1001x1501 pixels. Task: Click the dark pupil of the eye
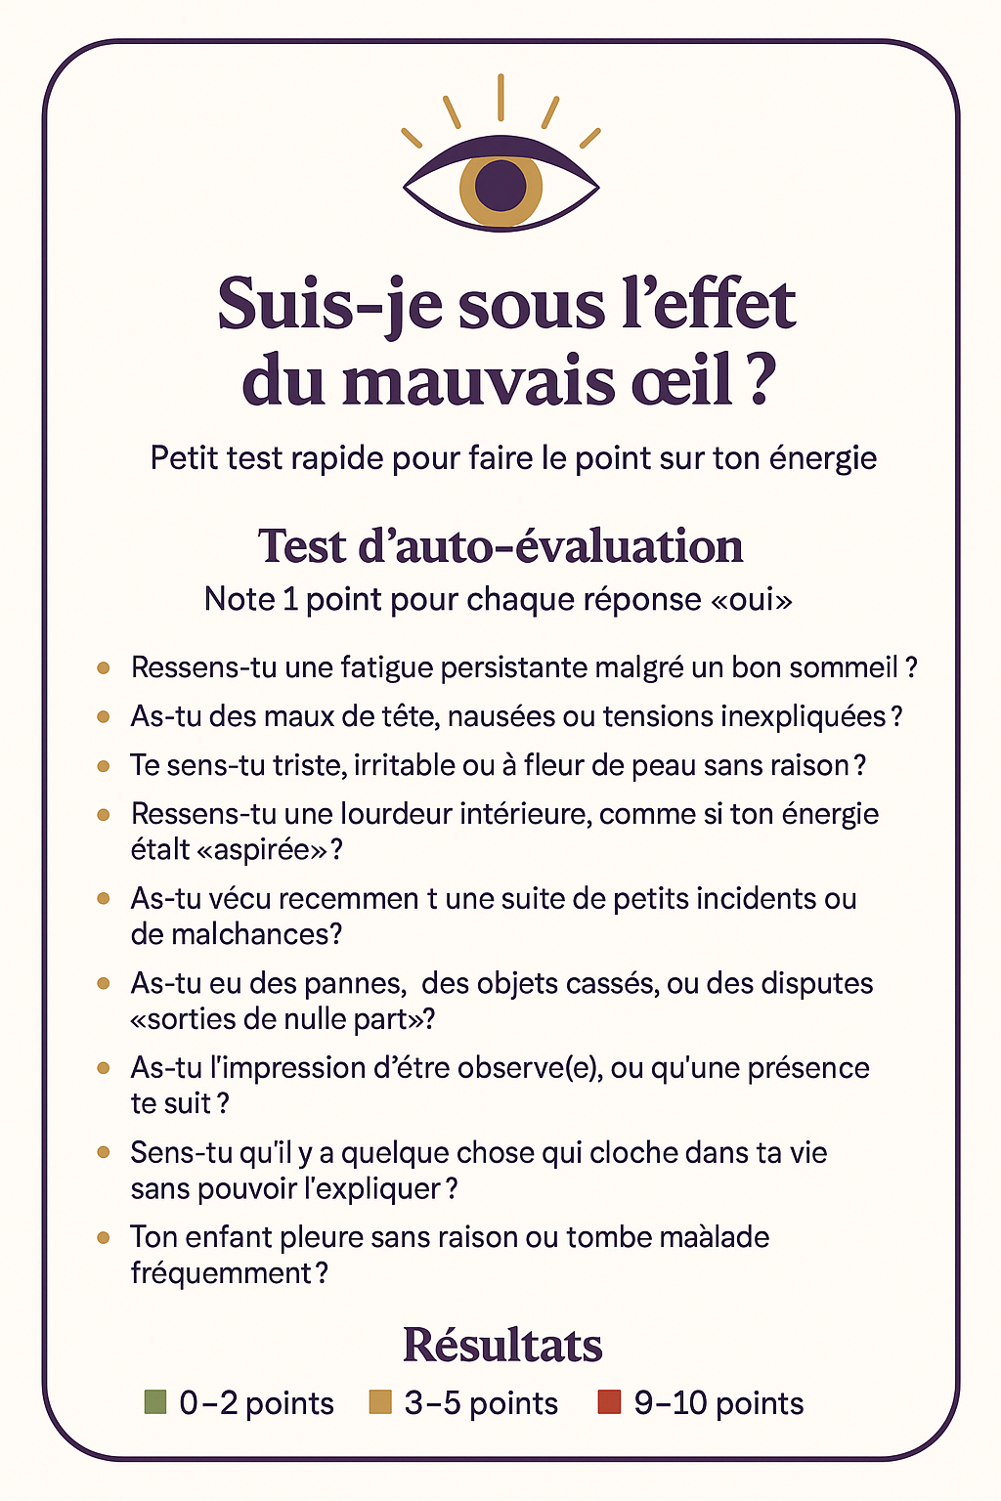pyautogui.click(x=500, y=183)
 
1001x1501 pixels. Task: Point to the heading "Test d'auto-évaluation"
pyautogui.click(x=500, y=546)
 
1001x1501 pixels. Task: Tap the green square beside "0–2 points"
pyautogui.click(x=155, y=1402)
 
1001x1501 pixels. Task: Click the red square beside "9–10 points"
pyautogui.click(x=609, y=1402)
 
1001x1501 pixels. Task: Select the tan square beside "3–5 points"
pyautogui.click(x=380, y=1402)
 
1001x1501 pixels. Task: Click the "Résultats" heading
pyautogui.click(x=502, y=1345)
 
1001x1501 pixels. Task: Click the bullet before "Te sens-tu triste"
pyautogui.click(x=104, y=765)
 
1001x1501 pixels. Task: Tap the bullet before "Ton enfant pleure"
pyautogui.click(x=104, y=1237)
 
